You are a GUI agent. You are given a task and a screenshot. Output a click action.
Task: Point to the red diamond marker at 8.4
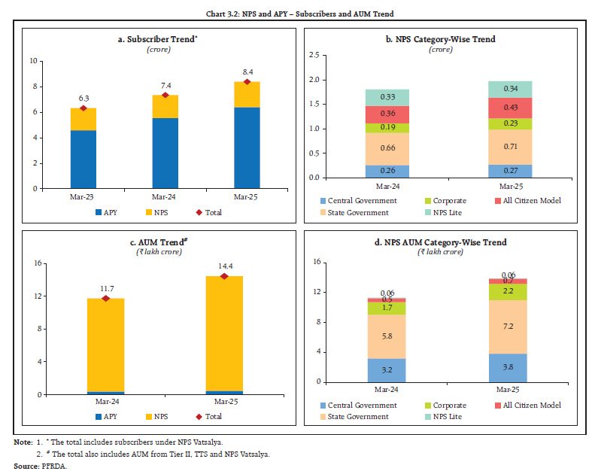coord(247,81)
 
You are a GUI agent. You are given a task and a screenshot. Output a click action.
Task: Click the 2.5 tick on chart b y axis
coord(314,55)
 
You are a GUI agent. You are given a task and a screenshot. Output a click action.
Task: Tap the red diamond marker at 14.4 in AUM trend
coord(225,276)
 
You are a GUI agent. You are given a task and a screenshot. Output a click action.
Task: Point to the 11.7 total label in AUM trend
coord(106,287)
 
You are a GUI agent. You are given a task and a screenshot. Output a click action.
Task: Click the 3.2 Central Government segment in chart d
coord(386,370)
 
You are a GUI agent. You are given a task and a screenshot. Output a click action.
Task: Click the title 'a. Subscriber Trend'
coord(159,39)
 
